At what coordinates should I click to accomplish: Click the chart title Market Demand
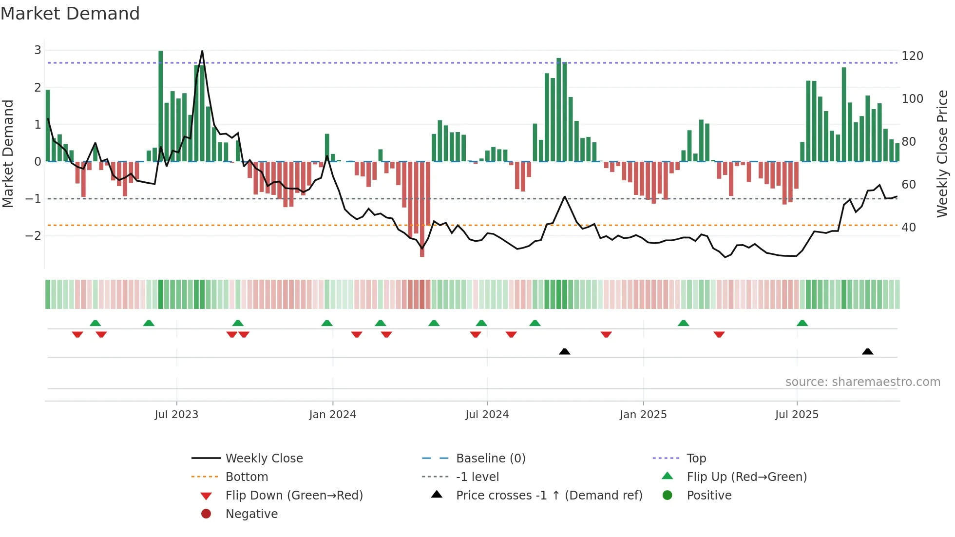tap(70, 14)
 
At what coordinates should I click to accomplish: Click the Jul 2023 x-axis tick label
tap(176, 415)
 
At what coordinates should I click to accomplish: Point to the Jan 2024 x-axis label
tap(332, 415)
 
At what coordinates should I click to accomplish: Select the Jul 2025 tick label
tap(797, 415)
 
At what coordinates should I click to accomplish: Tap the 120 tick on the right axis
tap(912, 56)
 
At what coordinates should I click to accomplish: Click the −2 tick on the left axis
tap(34, 236)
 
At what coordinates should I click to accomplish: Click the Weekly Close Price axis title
tap(942, 153)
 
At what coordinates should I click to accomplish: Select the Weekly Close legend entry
tap(264, 459)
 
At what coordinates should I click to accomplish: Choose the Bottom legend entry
tap(247, 477)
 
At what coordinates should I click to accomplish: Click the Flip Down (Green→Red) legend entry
tap(294, 496)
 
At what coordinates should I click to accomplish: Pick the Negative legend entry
tap(251, 514)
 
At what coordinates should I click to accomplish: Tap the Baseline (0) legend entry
tap(490, 459)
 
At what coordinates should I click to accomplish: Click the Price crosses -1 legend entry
tap(549, 496)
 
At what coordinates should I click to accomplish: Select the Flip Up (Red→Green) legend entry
tap(746, 477)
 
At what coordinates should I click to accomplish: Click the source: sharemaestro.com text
tap(862, 382)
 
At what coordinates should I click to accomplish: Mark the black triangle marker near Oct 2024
tap(564, 351)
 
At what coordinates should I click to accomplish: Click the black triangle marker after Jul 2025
tap(867, 351)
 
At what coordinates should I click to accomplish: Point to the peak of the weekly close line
tap(202, 51)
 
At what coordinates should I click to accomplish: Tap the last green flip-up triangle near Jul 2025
tap(802, 323)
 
